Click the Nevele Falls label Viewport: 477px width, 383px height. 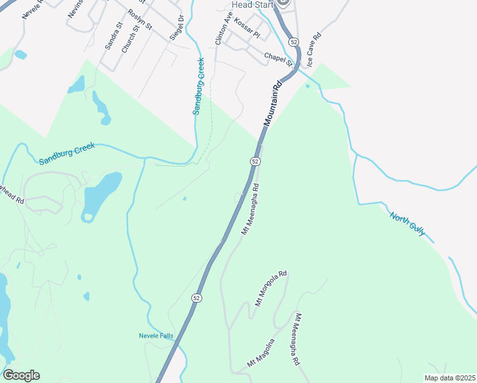click(x=156, y=336)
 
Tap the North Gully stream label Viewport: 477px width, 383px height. click(x=408, y=224)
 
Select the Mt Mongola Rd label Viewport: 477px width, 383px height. click(x=271, y=289)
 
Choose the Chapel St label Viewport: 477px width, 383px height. click(x=278, y=59)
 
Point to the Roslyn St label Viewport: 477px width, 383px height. click(x=140, y=20)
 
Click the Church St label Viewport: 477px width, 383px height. click(x=129, y=39)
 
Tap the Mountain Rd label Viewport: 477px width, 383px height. click(x=272, y=102)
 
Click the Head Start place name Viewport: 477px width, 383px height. click(x=252, y=4)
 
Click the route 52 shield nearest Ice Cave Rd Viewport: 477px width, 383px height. click(x=293, y=41)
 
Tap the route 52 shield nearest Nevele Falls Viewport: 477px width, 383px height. click(x=197, y=297)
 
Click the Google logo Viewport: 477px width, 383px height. click(x=21, y=375)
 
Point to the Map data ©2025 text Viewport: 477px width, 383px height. click(x=449, y=378)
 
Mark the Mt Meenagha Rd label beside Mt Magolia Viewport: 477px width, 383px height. click(x=297, y=339)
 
